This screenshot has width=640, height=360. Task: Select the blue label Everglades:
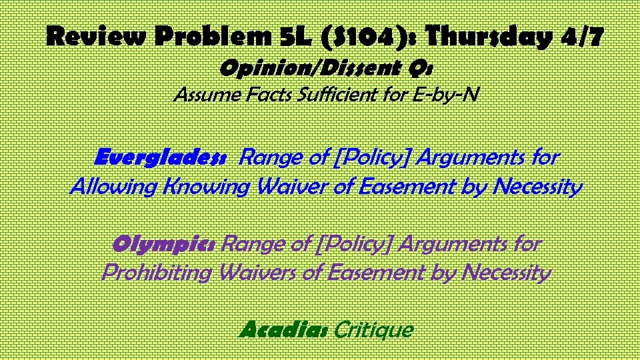pyautogui.click(x=161, y=158)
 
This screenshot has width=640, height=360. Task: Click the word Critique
pyautogui.click(x=374, y=329)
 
